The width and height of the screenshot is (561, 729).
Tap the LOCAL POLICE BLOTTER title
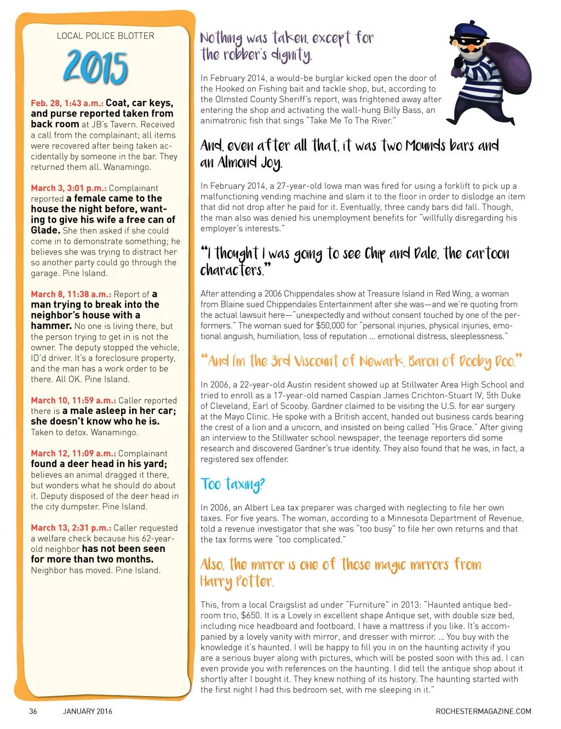pyautogui.click(x=106, y=36)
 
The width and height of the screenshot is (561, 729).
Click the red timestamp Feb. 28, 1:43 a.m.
pyautogui.click(x=67, y=103)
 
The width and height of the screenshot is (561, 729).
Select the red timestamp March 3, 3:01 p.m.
pyautogui.click(x=68, y=188)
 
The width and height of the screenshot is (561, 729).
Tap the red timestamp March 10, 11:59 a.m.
pyautogui.click(x=73, y=401)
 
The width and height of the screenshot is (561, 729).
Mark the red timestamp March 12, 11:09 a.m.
pyautogui.click(x=73, y=453)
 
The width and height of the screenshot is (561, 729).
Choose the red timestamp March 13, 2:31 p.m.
pyautogui.click(x=71, y=528)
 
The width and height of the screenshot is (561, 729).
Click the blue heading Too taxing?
pyautogui.click(x=233, y=485)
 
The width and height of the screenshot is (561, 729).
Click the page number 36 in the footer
pyautogui.click(x=33, y=711)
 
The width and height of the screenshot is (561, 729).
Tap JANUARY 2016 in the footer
pyautogui.click(x=88, y=711)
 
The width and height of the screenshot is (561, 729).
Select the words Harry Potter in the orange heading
pyautogui.click(x=237, y=582)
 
